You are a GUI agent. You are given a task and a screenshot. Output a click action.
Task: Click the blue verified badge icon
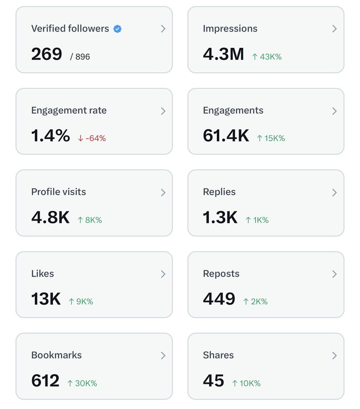click(x=117, y=29)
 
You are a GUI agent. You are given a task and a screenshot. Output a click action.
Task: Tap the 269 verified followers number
click(x=47, y=54)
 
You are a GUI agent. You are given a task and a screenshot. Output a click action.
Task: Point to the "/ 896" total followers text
click(x=80, y=57)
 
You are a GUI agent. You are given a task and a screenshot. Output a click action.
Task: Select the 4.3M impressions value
click(x=223, y=54)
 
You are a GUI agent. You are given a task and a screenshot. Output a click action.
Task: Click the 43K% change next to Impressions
click(x=267, y=57)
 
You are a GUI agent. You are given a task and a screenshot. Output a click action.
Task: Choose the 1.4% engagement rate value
click(x=50, y=136)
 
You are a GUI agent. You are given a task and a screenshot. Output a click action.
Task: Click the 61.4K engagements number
click(x=226, y=136)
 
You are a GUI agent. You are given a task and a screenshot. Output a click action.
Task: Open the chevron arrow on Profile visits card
click(x=163, y=193)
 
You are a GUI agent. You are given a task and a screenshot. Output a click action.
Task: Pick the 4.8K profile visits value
click(x=50, y=217)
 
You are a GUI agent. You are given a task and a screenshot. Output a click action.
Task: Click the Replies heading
click(x=219, y=192)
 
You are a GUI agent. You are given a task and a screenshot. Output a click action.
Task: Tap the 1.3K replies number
click(x=220, y=217)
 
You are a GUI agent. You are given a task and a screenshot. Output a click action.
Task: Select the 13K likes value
click(x=46, y=299)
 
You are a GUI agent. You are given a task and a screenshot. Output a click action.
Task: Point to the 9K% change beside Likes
click(x=81, y=302)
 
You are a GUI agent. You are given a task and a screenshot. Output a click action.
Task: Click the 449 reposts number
click(x=219, y=299)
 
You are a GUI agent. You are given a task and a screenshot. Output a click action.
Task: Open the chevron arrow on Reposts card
click(x=334, y=274)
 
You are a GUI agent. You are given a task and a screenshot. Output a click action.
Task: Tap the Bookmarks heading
click(x=57, y=355)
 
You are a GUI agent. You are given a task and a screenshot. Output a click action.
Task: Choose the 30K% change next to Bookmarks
click(x=82, y=383)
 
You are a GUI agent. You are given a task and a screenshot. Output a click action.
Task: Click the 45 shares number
click(x=213, y=381)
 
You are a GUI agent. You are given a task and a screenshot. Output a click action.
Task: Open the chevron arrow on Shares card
click(x=334, y=355)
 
